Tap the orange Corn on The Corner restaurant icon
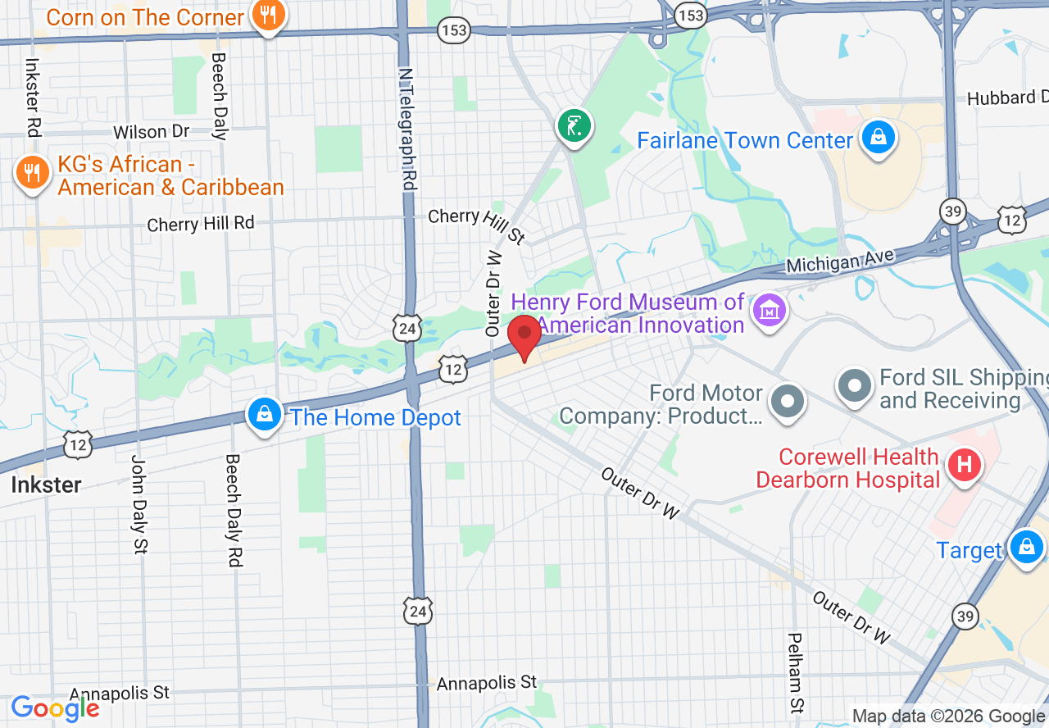(x=267, y=15)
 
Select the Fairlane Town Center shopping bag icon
(x=878, y=139)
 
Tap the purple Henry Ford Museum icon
(x=770, y=312)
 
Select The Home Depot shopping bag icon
(x=265, y=415)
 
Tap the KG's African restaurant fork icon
(x=31, y=173)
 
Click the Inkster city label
(x=46, y=485)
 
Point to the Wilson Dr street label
(x=151, y=132)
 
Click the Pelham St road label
(x=796, y=671)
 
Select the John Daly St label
(x=139, y=503)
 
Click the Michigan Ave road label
(x=839, y=261)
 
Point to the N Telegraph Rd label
(x=406, y=129)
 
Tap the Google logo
(x=55, y=708)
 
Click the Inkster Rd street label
(x=33, y=96)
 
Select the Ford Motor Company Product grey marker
(x=789, y=402)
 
